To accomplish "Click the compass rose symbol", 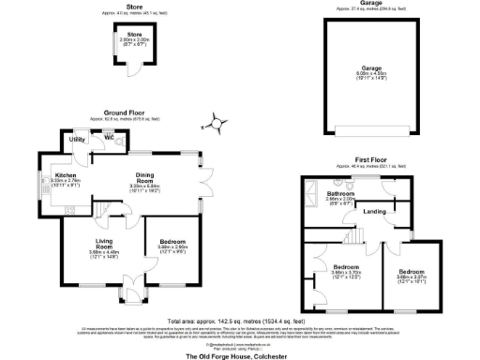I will (x=218, y=122).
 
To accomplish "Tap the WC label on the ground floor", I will (x=108, y=136).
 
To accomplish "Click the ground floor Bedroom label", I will (x=172, y=243).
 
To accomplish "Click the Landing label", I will (x=375, y=211).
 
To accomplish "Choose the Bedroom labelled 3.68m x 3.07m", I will (x=415, y=274).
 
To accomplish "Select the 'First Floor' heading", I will (x=371, y=160).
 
